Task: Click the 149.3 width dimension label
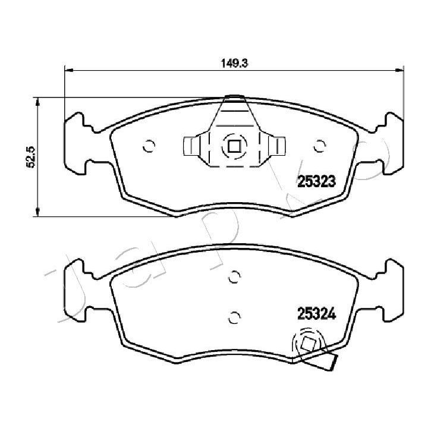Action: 234,63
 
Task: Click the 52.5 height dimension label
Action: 30,157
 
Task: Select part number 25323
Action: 316,181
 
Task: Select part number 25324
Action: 316,314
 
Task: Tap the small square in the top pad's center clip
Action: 234,146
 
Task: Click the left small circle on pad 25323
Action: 149,146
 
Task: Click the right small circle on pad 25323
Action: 319,146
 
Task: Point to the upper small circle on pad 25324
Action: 234,277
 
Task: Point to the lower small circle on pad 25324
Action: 234,317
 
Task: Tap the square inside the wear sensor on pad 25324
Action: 309,344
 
